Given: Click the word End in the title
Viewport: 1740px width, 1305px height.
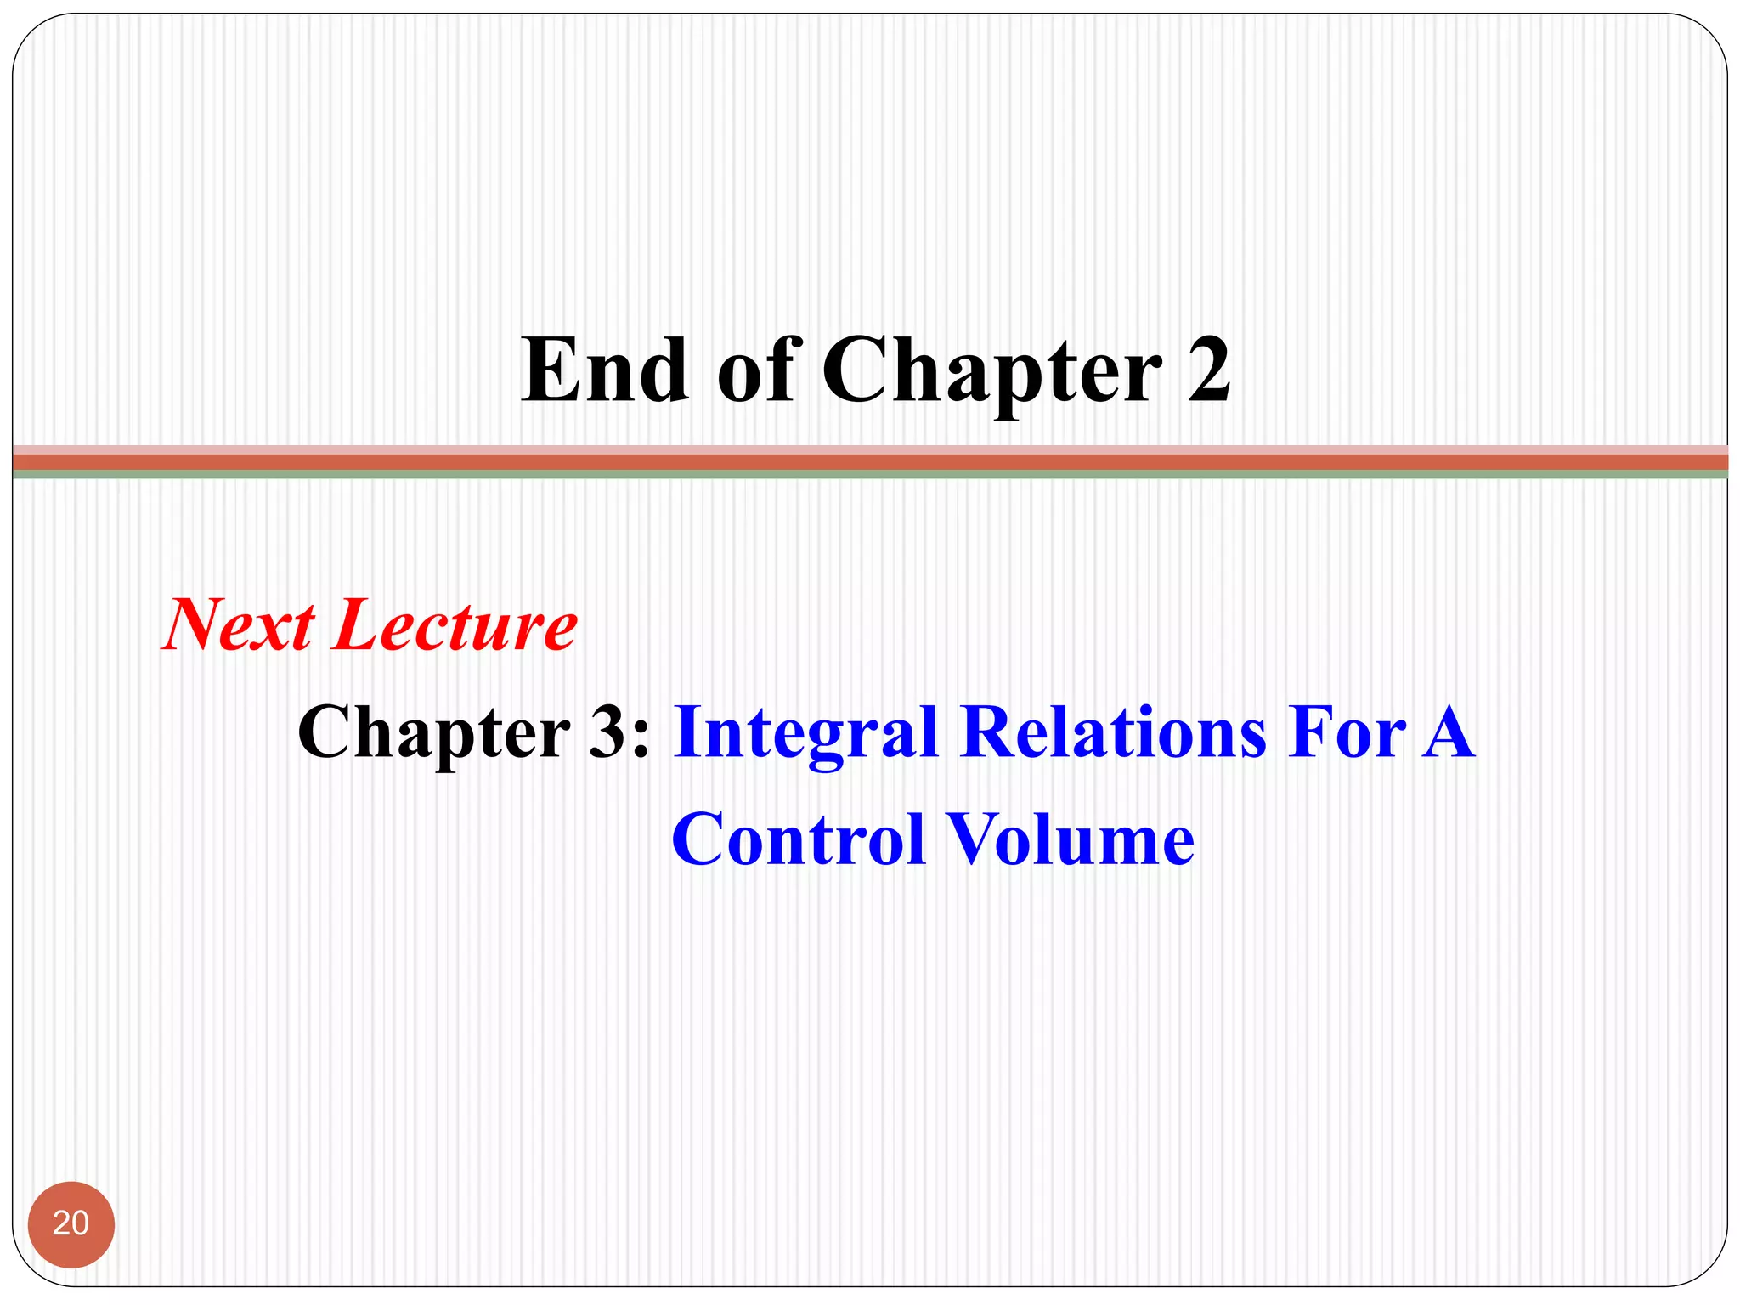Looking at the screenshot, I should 605,370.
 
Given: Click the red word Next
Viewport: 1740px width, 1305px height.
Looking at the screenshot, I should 239,626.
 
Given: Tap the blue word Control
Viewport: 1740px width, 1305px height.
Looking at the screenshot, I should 798,839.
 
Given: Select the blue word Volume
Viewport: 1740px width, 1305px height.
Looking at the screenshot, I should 1070,839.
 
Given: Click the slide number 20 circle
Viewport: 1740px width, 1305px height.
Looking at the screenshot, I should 71,1224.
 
